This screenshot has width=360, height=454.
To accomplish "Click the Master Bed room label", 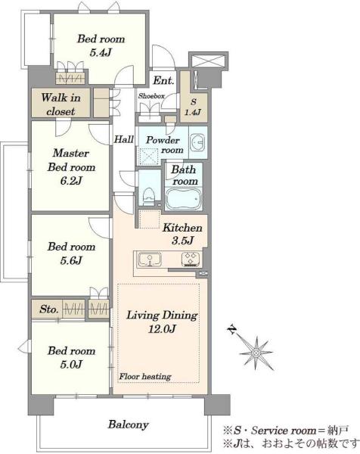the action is pos(71,160).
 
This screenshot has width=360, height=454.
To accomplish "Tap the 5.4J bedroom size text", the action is pos(101,52).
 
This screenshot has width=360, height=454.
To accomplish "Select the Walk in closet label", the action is pos(61,104).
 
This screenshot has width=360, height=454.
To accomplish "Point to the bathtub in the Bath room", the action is pos(184,198).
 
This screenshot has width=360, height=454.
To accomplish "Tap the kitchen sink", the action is pos(150,259).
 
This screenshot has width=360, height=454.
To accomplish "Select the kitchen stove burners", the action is pos(190,259).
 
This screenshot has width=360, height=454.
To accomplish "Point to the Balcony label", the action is pos(129,424).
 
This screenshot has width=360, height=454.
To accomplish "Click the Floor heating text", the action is pos(145,376).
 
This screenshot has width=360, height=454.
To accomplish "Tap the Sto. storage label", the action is pos(49,309).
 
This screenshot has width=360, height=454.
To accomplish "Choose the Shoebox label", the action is pos(151,96).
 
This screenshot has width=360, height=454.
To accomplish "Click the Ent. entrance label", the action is pos(163,80).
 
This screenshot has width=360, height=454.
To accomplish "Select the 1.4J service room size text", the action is pos(193,112).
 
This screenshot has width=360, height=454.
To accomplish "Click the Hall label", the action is pos(124,139).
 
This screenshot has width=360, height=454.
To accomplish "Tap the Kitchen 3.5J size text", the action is pos(182,241).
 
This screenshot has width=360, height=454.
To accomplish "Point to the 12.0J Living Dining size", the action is pos(162,329).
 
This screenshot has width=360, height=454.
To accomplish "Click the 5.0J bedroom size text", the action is pos(71,364).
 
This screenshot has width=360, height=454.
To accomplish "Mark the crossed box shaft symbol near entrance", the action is pos(208,61).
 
